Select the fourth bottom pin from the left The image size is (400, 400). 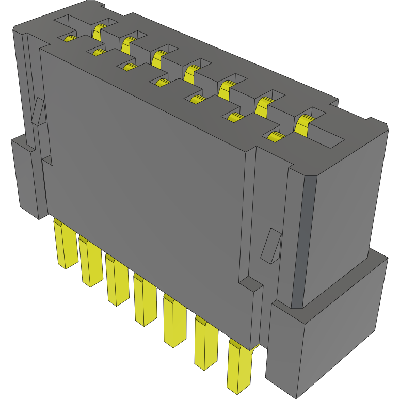pyautogui.click(x=144, y=302)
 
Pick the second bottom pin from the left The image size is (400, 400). pyautogui.click(x=90, y=263)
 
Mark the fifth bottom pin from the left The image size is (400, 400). pyautogui.click(x=174, y=323)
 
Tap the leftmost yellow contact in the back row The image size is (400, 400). pyautogui.click(x=99, y=31)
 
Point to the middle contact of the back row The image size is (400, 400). pyautogui.click(x=193, y=72)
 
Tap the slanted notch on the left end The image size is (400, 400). pyautogui.click(x=38, y=111)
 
